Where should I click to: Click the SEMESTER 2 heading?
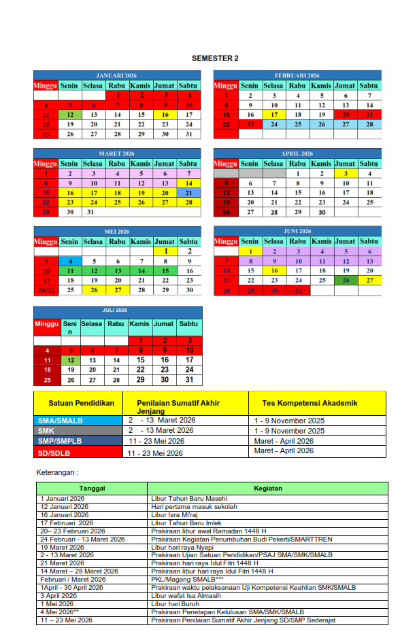tap(215, 58)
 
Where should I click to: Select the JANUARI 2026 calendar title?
tap(116, 75)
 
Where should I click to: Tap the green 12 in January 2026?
tap(69, 115)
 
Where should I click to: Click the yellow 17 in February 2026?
tap(273, 115)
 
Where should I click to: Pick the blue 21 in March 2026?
tap(188, 193)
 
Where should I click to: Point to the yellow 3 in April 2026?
tap(346, 173)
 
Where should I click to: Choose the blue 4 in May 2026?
tap(69, 261)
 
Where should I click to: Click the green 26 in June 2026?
tap(346, 281)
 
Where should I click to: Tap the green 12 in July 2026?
tap(71, 360)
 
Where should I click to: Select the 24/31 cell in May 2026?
tap(46, 290)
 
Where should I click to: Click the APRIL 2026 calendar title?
tap(296, 154)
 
